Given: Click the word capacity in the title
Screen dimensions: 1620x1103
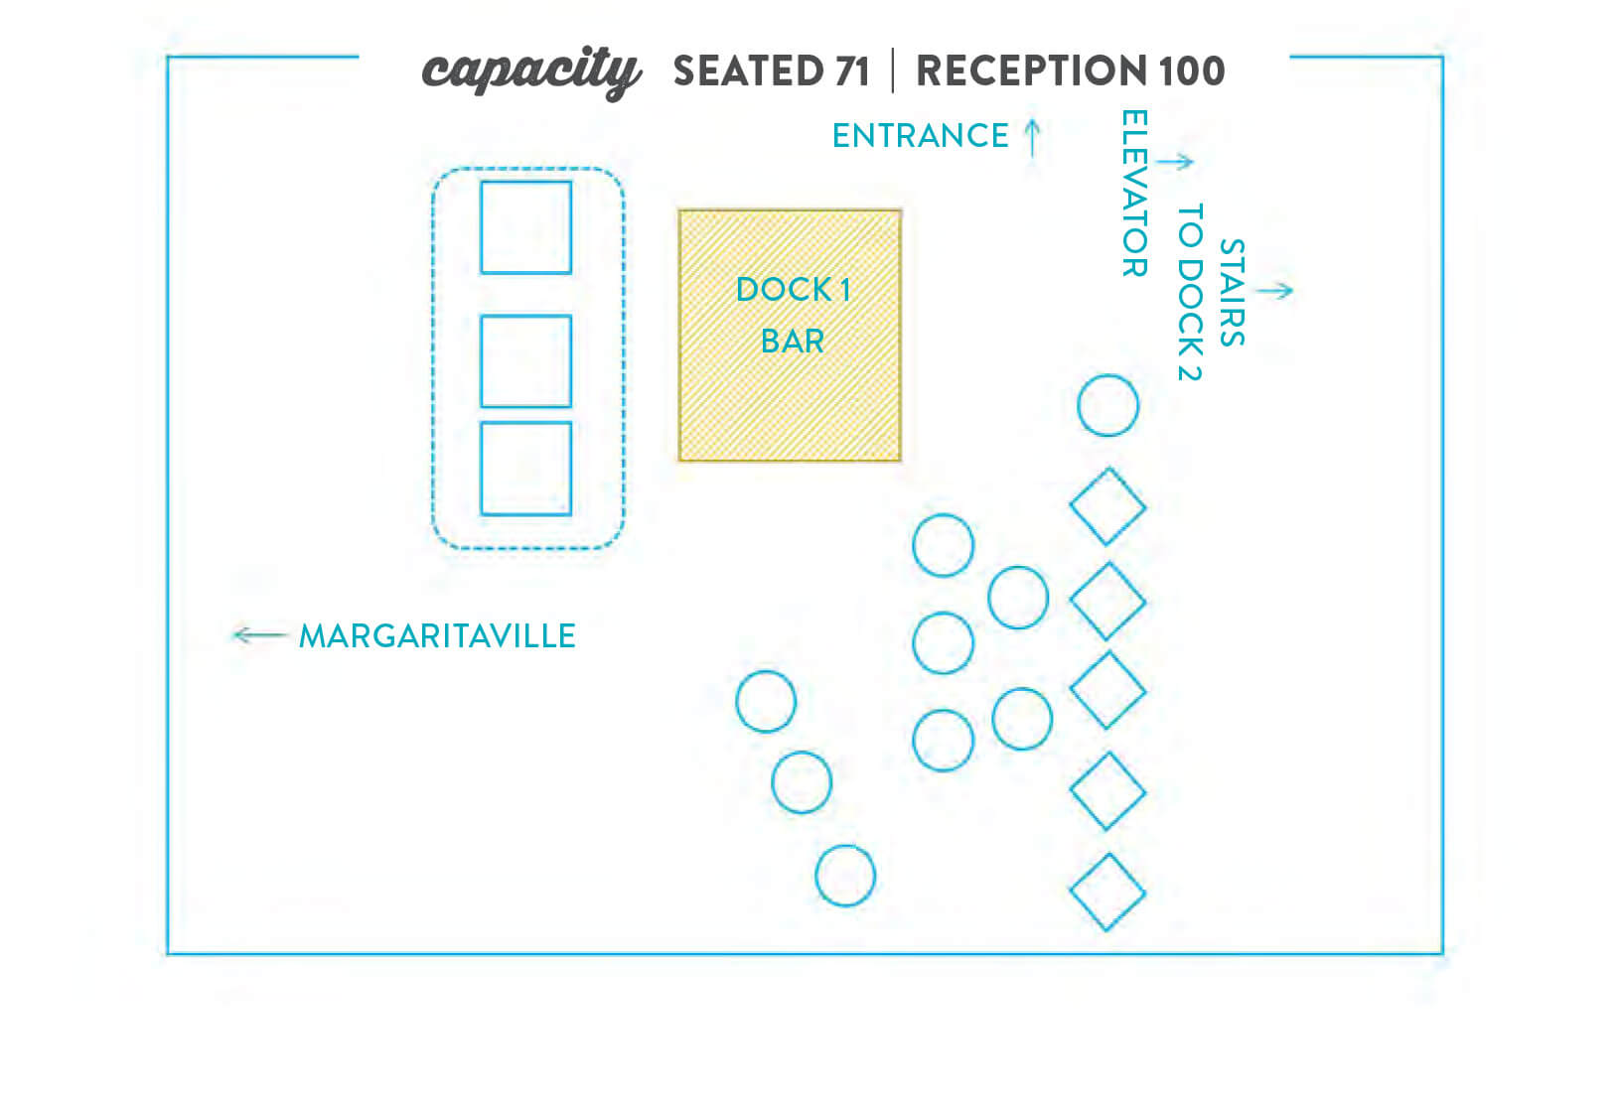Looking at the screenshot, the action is click(531, 72).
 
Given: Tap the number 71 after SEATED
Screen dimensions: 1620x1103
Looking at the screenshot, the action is click(851, 70).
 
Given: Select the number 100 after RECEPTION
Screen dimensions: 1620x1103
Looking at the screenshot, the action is click(1192, 70).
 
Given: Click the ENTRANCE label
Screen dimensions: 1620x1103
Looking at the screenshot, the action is click(920, 136).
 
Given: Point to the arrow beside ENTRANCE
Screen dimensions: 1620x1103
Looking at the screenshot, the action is click(1033, 138).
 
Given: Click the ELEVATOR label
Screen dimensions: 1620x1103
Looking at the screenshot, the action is click(1134, 193).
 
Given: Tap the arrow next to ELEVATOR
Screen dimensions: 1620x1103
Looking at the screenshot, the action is click(1174, 161).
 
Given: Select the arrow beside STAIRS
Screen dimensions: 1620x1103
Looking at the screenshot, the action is click(1274, 291).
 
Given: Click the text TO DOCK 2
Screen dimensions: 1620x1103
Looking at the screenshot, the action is click(1190, 292).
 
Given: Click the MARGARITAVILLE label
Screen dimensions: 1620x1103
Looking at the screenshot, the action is click(437, 636).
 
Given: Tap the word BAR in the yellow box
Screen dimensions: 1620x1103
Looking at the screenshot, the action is click(792, 342).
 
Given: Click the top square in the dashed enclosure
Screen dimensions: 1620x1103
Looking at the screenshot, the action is click(525, 182).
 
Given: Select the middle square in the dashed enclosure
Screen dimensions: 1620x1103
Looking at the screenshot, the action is click(525, 316).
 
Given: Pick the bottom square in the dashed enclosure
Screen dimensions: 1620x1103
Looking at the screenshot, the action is click(525, 423).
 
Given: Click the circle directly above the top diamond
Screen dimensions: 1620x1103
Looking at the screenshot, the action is click(1107, 376).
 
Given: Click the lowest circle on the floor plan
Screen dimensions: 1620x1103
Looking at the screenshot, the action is click(845, 847).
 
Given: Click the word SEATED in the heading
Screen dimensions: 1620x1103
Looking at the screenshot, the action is click(749, 70).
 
